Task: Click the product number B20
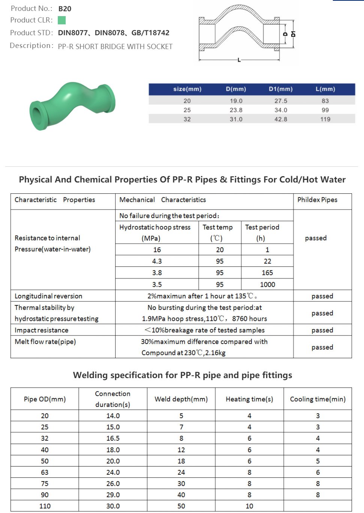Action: tap(65, 9)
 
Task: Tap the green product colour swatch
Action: tap(62, 20)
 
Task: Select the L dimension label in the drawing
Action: tap(239, 60)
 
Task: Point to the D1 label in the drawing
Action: tap(293, 34)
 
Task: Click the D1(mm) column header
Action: tap(280, 89)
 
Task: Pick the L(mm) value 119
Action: tap(325, 119)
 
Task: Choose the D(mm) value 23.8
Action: tap(236, 110)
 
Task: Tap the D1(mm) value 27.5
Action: tap(280, 101)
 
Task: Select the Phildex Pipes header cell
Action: tap(317, 200)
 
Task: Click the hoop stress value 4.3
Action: tap(157, 261)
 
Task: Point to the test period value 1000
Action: tap(267, 284)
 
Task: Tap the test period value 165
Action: tap(267, 273)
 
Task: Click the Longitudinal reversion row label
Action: tap(48, 296)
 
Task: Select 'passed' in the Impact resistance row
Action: tap(322, 330)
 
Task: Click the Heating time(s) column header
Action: tap(249, 399)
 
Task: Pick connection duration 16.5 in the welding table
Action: tap(113, 438)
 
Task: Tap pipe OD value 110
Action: tap(45, 506)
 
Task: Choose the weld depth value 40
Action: tap(181, 495)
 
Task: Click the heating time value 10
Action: tap(249, 506)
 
